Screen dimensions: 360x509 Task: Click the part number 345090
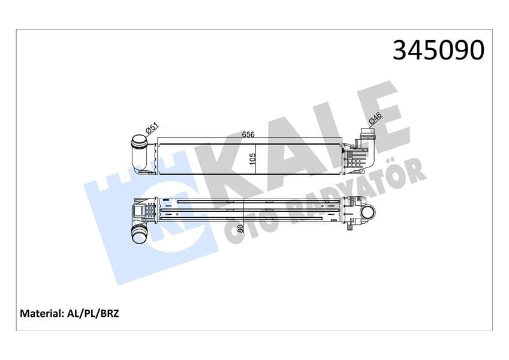tap(438, 50)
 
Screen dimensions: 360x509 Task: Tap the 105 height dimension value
tap(252, 158)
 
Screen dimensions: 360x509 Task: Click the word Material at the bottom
tap(42, 313)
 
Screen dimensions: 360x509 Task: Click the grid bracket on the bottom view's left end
tap(144, 211)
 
